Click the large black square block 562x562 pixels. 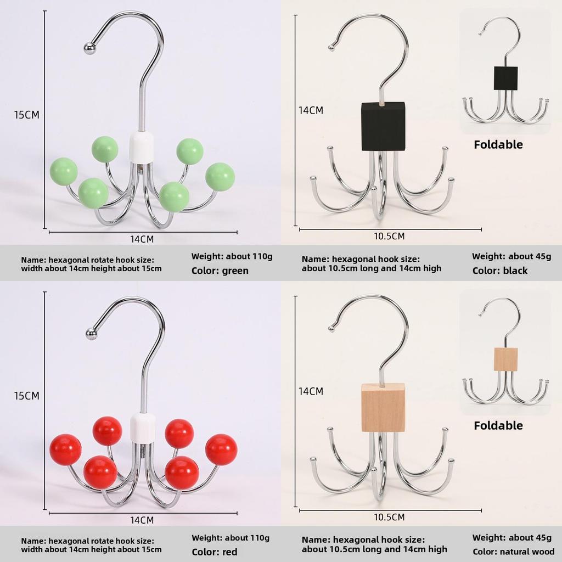(x=383, y=127)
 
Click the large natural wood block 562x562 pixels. (x=383, y=407)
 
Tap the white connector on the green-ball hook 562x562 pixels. (x=141, y=147)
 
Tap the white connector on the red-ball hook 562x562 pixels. (x=143, y=428)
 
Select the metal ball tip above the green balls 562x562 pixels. (x=89, y=48)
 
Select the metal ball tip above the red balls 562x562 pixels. (x=92, y=334)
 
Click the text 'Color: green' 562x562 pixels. (x=220, y=271)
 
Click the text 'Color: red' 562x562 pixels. (x=215, y=552)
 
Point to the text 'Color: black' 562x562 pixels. (x=499, y=271)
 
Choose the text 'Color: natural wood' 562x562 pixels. (x=513, y=552)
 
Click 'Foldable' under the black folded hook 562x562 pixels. (x=498, y=144)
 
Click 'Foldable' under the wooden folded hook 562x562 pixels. (x=498, y=425)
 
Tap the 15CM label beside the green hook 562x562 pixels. (x=26, y=115)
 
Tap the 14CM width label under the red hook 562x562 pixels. (x=142, y=520)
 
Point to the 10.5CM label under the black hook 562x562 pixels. (x=389, y=236)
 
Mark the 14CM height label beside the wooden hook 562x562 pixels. (x=311, y=391)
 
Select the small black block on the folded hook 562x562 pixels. (x=505, y=78)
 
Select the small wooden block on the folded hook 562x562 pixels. (x=505, y=359)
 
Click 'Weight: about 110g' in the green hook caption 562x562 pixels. (x=232, y=256)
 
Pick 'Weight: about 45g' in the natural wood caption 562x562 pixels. (x=512, y=538)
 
